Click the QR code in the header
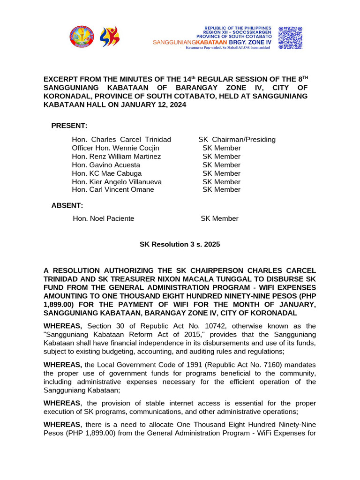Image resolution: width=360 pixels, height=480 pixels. coord(290,37)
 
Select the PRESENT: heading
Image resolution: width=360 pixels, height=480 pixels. coord(69,126)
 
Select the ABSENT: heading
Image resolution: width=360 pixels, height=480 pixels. coord(67,205)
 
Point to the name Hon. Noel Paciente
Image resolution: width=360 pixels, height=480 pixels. coord(104,218)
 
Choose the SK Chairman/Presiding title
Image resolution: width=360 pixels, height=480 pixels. coord(237,140)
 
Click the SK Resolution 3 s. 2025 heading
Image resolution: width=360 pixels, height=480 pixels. coord(180,244)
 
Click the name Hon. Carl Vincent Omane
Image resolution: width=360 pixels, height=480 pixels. coord(113,189)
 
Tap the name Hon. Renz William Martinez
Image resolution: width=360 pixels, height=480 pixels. coord(116,157)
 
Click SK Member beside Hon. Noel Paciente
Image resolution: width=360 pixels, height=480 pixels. coord(219,218)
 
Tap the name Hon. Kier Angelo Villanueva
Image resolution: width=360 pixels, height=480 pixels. coord(117,182)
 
